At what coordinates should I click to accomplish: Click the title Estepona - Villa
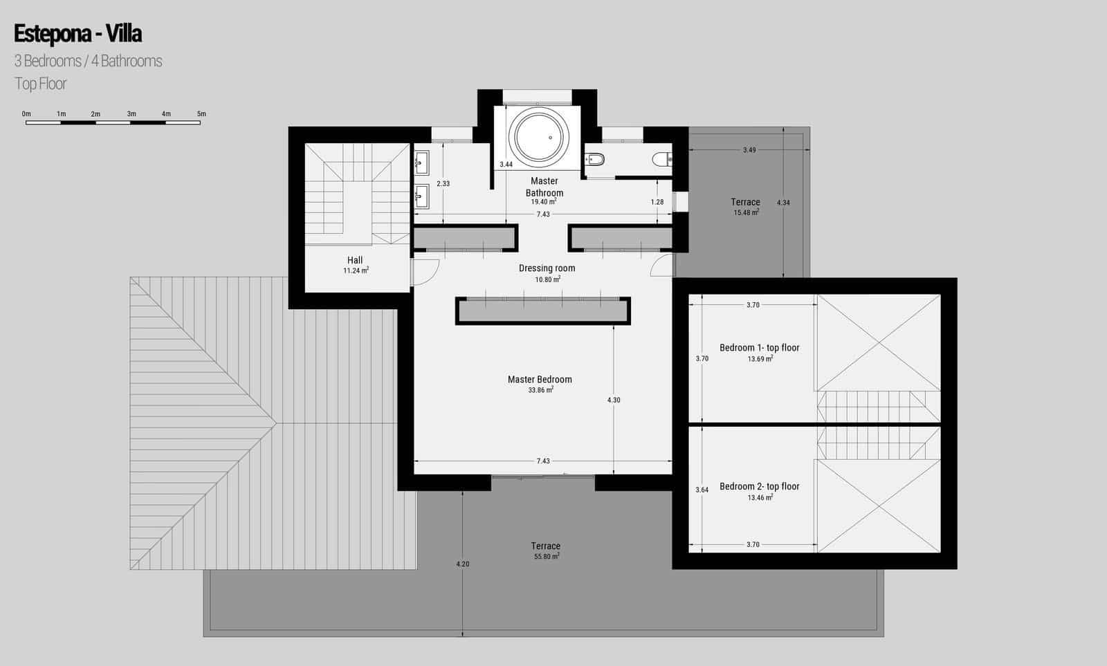point(77,33)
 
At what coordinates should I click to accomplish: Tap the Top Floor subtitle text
point(41,84)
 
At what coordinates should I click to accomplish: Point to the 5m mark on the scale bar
point(201,114)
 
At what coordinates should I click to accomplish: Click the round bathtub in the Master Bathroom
point(539,136)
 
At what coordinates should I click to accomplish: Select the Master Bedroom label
point(540,379)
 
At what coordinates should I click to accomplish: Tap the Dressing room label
point(547,268)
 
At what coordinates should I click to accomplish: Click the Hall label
point(355,260)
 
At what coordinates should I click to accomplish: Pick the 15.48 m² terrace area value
point(746,213)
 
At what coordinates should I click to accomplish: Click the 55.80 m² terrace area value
point(546,556)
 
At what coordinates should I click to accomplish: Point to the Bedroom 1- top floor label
point(759,348)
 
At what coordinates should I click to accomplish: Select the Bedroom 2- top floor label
point(759,486)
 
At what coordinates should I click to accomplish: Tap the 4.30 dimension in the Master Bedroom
point(614,400)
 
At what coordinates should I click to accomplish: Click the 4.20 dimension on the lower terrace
point(463,564)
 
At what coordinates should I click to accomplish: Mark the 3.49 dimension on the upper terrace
point(749,150)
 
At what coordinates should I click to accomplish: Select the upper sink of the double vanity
point(421,165)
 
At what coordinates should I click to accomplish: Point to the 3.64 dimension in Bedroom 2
point(702,490)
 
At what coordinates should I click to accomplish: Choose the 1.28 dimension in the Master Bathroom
point(657,202)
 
